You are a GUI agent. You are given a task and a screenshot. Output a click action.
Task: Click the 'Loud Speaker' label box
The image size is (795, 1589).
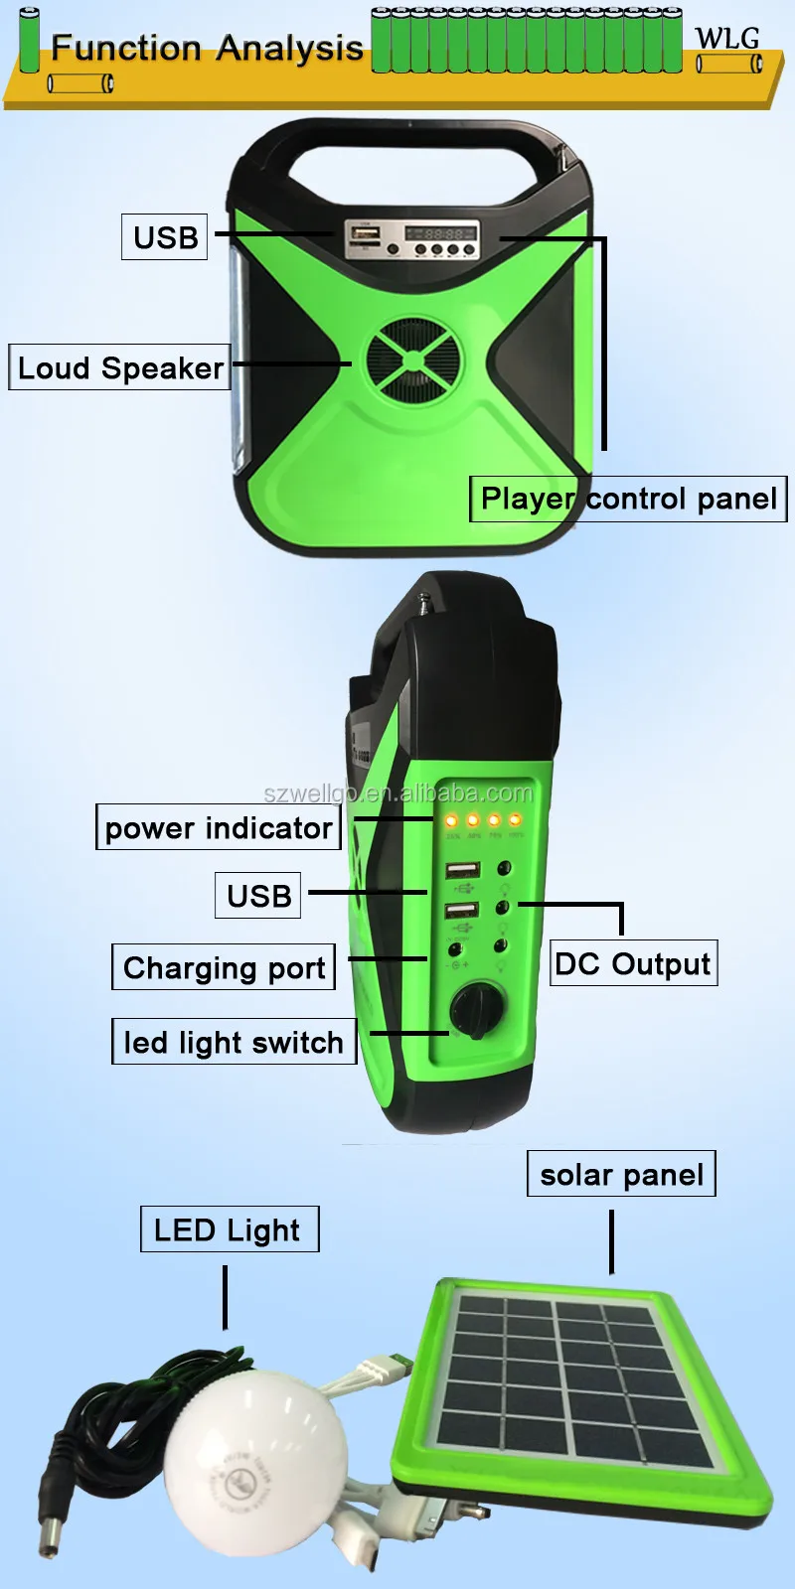click(x=119, y=367)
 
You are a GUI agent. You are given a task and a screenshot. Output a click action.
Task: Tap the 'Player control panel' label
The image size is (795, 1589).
click(x=628, y=499)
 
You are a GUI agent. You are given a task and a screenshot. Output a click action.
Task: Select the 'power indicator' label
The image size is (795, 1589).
click(x=219, y=827)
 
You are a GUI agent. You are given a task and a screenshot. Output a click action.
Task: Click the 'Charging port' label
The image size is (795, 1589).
click(x=224, y=967)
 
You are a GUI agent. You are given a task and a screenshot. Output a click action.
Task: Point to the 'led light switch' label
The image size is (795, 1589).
click(x=234, y=1042)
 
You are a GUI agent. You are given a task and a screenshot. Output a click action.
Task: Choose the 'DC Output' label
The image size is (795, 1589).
click(x=633, y=963)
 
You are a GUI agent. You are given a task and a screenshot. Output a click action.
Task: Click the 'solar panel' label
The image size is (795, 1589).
click(x=621, y=1175)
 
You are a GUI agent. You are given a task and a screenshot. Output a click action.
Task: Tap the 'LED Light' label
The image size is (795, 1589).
click(x=229, y=1229)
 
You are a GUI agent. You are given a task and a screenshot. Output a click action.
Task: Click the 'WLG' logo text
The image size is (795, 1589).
click(x=726, y=39)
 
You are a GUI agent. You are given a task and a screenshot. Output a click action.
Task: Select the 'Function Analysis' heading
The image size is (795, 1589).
click(x=207, y=48)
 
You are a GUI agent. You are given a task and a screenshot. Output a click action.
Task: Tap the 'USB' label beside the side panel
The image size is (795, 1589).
click(x=258, y=895)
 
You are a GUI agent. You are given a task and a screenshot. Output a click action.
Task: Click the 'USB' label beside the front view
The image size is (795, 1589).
click(x=165, y=237)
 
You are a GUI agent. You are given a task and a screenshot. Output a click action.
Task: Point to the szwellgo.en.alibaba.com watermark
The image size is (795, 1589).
click(x=397, y=793)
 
